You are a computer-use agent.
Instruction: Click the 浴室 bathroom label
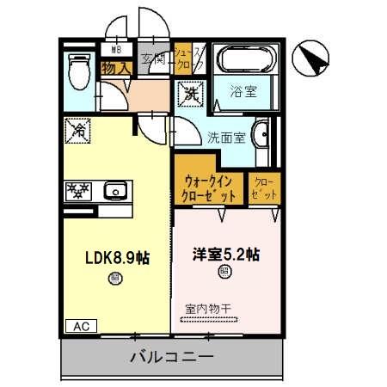[x=243, y=89]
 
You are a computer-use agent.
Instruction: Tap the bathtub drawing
[x=244, y=61]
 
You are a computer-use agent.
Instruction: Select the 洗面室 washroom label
[x=225, y=136]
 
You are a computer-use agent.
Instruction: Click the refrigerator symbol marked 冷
[x=77, y=132]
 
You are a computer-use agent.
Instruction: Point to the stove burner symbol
[x=80, y=190]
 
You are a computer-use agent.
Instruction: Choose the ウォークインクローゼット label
[x=209, y=188]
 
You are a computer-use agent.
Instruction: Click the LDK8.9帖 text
[x=116, y=257]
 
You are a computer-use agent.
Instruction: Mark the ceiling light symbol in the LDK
[x=115, y=277]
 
